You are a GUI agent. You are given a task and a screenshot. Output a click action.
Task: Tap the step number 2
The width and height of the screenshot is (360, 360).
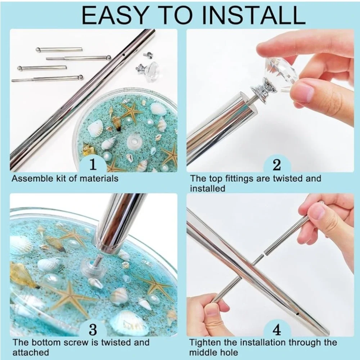(x=277, y=165)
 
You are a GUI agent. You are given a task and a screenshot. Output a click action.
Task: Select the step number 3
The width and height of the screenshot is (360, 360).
(x=93, y=329)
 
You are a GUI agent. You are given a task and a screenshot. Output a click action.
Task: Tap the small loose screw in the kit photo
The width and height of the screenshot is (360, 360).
(x=147, y=55)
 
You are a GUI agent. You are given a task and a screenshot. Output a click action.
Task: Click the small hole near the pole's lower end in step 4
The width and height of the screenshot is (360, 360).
(x=297, y=313)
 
